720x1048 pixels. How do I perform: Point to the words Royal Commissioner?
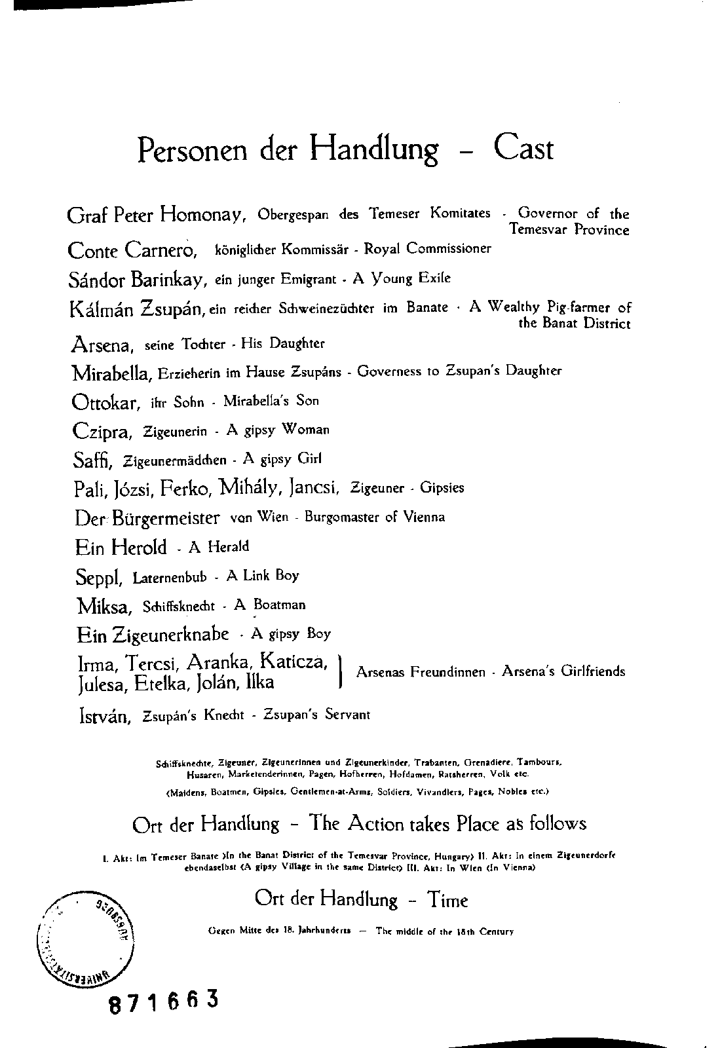(427, 249)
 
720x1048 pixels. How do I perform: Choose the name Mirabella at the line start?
(112, 373)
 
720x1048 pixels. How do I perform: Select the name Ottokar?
(105, 402)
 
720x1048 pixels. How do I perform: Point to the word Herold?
(140, 546)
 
